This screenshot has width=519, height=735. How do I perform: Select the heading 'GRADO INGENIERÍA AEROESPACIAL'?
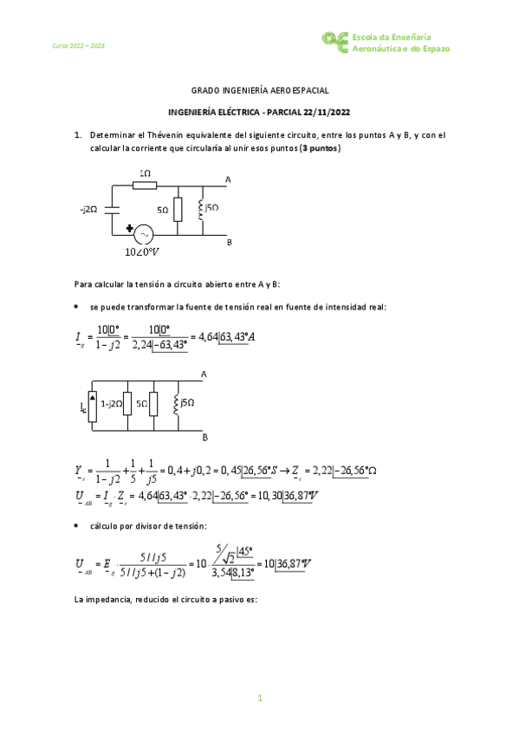[259, 90]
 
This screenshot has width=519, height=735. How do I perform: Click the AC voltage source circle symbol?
[141, 234]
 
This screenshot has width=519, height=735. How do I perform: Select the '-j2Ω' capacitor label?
[89, 209]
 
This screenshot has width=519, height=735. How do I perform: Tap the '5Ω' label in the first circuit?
[163, 210]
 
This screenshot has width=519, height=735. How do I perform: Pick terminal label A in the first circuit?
[228, 180]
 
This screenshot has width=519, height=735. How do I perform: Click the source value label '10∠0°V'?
[143, 252]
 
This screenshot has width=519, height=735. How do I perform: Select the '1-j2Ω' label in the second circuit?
[111, 403]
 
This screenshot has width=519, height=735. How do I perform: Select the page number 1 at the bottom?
[259, 699]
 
